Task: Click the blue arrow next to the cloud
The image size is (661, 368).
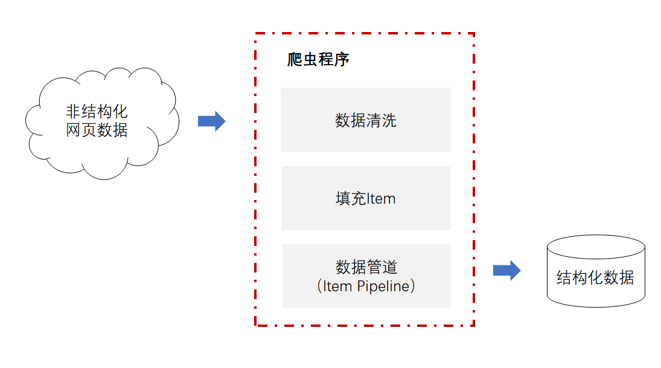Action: coord(212,121)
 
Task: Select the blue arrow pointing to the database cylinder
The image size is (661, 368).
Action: coord(506,271)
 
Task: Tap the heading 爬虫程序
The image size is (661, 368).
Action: coord(318,59)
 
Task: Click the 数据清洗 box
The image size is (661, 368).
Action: coord(365,120)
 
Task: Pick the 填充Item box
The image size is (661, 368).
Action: coord(366,198)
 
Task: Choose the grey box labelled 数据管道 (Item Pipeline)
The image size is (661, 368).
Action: coord(366,276)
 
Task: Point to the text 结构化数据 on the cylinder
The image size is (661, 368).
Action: coord(595,278)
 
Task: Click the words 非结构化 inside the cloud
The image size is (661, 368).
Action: coord(97,112)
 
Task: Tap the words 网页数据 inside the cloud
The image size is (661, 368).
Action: coord(97,130)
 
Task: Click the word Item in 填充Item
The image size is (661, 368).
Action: coord(381,199)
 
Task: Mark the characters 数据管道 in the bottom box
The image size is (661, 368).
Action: coord(366,267)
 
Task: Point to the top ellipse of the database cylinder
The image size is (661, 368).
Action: coord(596,247)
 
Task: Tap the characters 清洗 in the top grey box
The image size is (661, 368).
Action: coord(381,121)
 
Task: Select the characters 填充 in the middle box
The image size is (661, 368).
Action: coord(351,198)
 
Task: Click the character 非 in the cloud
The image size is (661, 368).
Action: coord(74,112)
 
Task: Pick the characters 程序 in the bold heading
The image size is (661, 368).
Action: coord(334,59)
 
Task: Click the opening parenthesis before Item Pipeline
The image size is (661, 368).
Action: coord(319,286)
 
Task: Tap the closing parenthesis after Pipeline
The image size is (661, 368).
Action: coord(413,286)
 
